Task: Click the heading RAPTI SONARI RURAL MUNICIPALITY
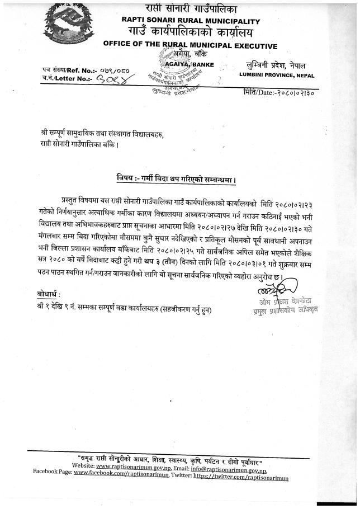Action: pos(191,20)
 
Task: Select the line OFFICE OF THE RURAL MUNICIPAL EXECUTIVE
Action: pos(190,46)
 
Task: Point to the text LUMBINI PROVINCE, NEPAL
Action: pos(277,75)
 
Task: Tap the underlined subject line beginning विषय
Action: pos(176,180)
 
